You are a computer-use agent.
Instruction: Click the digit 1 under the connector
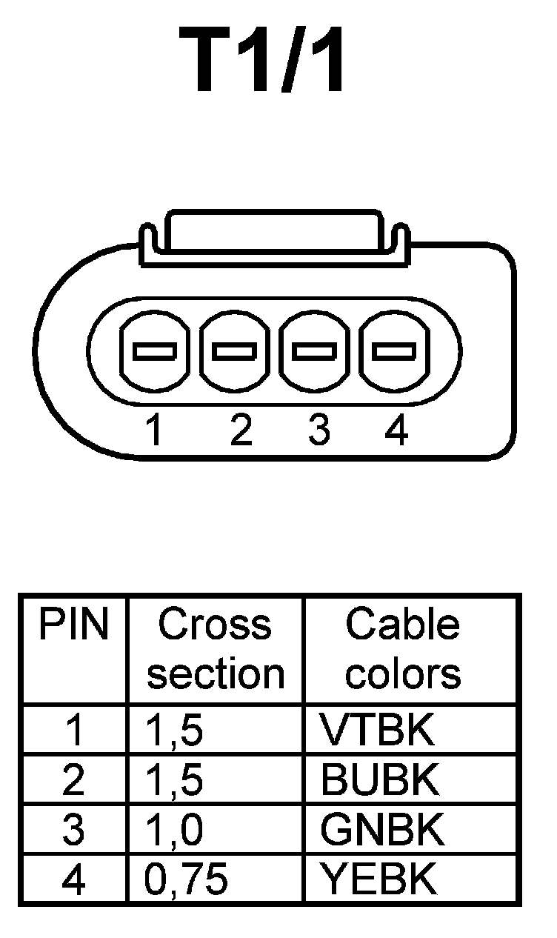tap(154, 430)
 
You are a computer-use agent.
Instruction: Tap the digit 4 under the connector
tap(397, 430)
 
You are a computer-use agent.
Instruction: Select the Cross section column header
tap(216, 649)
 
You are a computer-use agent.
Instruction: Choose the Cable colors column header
tap(404, 649)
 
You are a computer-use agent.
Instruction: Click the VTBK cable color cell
tap(376, 731)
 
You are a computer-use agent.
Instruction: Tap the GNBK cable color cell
tap(382, 830)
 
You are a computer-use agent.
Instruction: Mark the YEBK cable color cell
tap(376, 879)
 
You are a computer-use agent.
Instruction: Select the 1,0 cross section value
tap(175, 830)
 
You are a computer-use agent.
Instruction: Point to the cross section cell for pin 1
tap(175, 731)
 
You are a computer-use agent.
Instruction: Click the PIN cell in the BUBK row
tap(73, 779)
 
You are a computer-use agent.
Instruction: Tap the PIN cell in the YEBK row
tap(73, 879)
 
